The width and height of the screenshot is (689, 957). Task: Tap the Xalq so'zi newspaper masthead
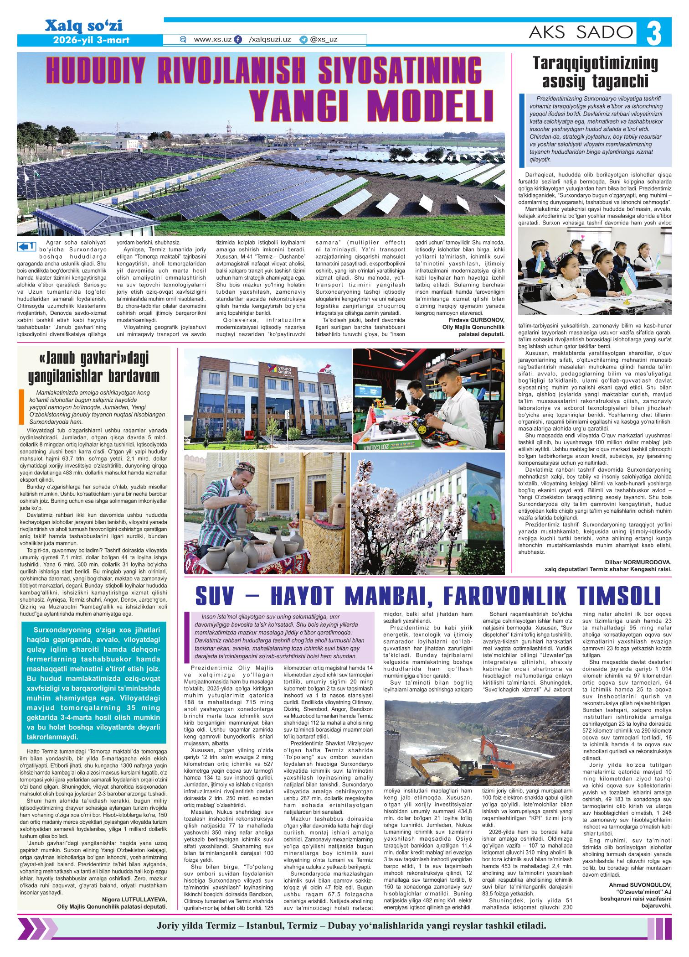(x=83, y=26)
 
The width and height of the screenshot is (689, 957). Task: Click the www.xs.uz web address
(x=212, y=40)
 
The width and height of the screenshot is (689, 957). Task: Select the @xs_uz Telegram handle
(x=323, y=40)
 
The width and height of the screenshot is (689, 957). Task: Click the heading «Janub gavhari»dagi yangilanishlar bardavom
(x=94, y=368)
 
